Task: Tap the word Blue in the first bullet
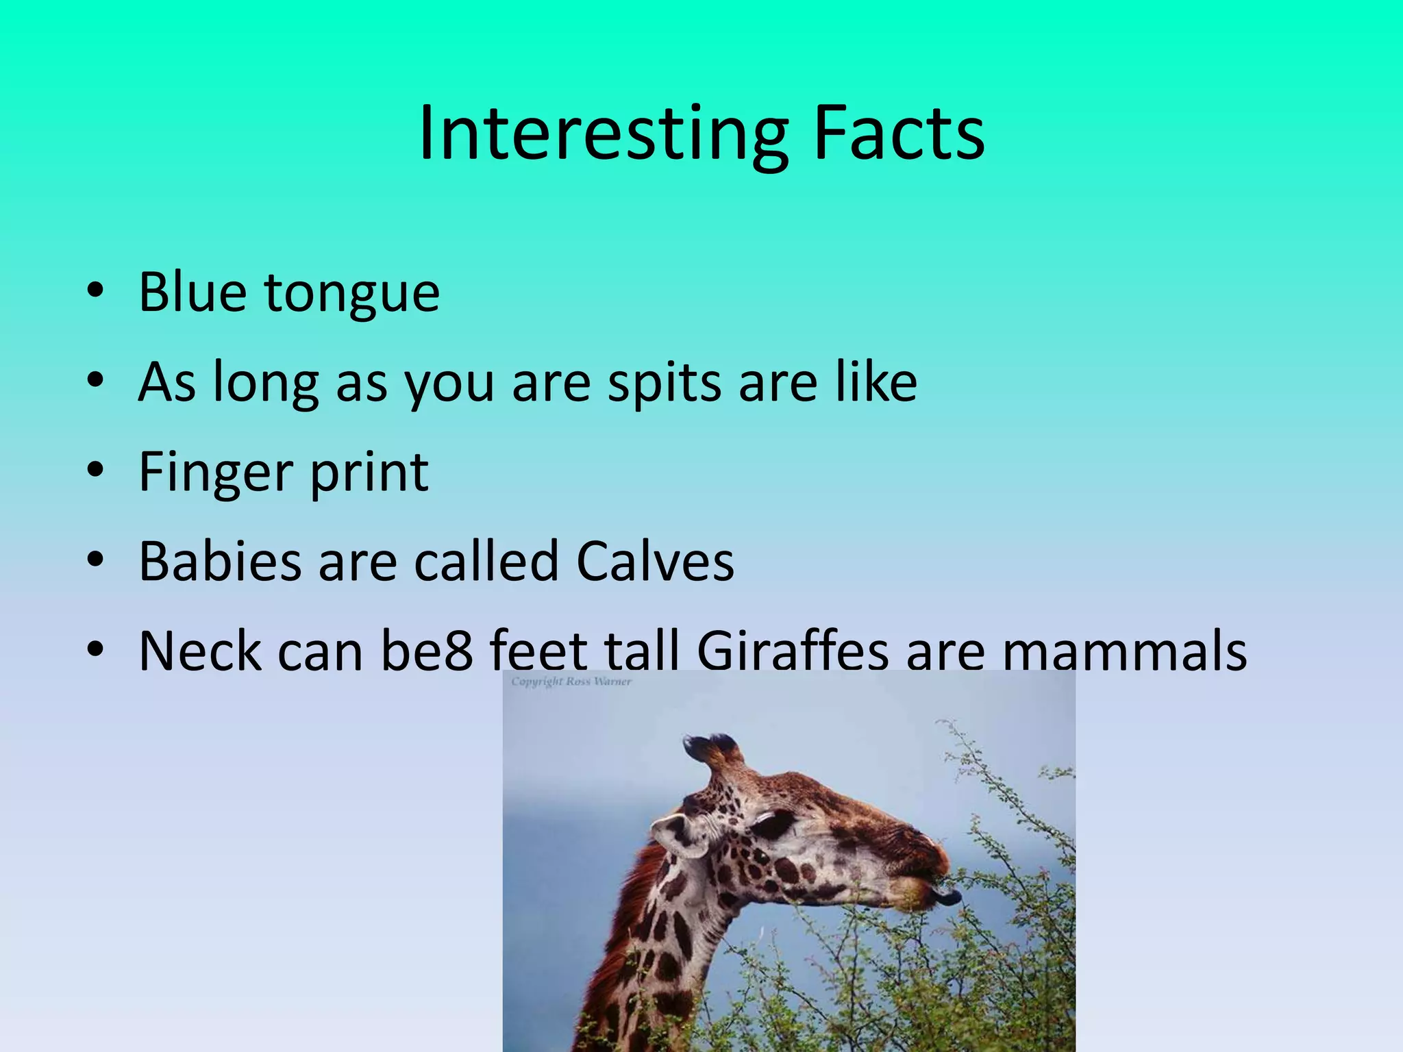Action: [193, 292]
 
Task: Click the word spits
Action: [665, 384]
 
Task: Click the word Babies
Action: [219, 562]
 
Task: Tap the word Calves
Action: [655, 562]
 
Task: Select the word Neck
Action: [199, 651]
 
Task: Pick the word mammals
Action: [1124, 651]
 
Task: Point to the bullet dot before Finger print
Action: [95, 470]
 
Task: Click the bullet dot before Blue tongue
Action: [95, 290]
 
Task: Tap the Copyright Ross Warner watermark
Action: [571, 681]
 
